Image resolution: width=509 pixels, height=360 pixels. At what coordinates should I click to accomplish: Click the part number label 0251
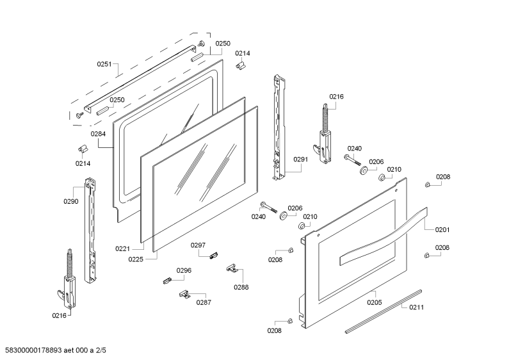tap(104, 64)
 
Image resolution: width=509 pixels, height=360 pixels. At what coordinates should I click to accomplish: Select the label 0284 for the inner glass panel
tap(98, 134)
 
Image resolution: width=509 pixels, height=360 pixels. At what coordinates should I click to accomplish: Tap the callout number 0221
tap(122, 249)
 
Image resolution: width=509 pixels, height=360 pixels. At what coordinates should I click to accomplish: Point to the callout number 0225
tap(135, 259)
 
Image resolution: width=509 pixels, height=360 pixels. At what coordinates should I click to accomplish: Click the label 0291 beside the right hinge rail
tap(300, 160)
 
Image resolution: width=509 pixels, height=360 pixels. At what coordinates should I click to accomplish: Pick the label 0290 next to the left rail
tap(71, 201)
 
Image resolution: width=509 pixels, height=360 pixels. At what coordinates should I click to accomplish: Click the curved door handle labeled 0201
tap(384, 236)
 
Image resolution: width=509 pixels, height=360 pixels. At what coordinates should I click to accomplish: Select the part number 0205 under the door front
tap(375, 302)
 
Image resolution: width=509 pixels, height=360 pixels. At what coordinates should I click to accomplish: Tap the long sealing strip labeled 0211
tap(384, 311)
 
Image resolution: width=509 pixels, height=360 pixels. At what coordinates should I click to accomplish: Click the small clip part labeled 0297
tap(213, 256)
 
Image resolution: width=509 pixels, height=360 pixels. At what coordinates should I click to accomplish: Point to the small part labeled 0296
tap(167, 281)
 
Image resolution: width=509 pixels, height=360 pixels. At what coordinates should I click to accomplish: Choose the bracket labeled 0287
tap(184, 295)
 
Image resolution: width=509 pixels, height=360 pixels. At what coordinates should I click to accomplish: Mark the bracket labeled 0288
tap(232, 268)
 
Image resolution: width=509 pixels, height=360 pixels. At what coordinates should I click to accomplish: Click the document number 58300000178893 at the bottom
tap(31, 350)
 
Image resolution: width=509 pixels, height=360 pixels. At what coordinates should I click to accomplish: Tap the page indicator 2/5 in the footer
tap(101, 350)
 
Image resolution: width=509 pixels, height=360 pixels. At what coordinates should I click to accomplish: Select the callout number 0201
tap(442, 230)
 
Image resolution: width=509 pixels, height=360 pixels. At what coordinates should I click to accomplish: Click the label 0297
tap(198, 245)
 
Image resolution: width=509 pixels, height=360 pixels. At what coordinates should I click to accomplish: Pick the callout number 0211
tap(416, 307)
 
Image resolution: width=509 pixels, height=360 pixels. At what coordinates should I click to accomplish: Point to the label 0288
tap(241, 287)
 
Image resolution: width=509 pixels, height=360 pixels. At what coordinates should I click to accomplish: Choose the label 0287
tap(204, 302)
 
